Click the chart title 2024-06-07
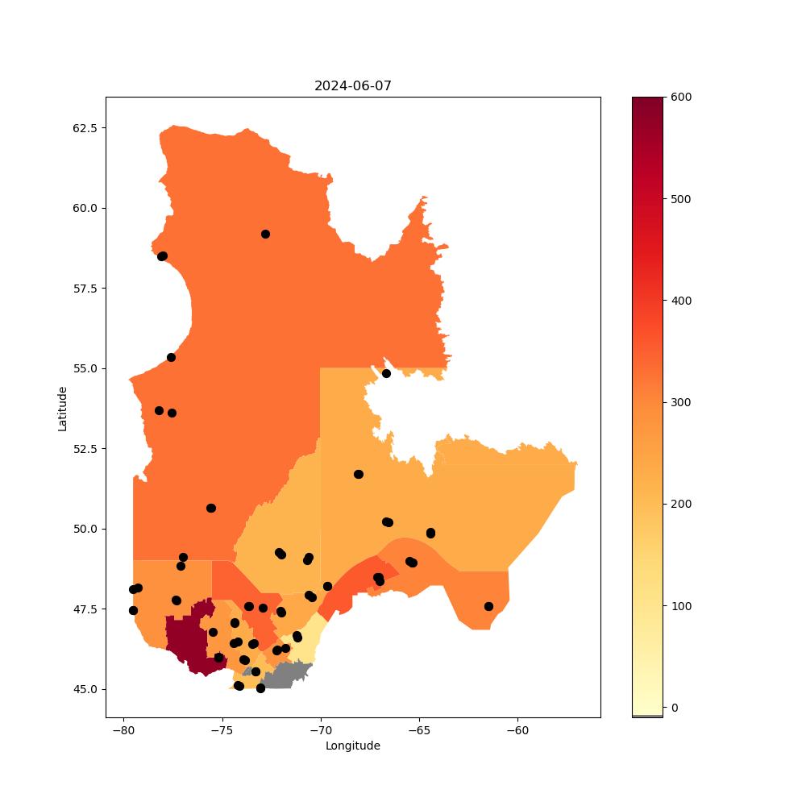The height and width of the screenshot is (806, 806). (x=353, y=86)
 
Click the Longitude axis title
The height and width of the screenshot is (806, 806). (x=353, y=746)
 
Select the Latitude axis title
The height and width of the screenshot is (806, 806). (x=62, y=409)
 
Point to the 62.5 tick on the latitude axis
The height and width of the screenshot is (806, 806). (x=85, y=128)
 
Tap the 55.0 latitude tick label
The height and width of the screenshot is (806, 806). (x=85, y=368)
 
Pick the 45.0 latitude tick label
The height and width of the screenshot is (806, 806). (x=85, y=689)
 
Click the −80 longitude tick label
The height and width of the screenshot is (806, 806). (x=124, y=731)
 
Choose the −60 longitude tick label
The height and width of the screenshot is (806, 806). (x=517, y=731)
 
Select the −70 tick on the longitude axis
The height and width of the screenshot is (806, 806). (x=321, y=731)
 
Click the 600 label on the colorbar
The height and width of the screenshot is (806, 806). (x=681, y=98)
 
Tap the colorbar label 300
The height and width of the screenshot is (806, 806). (x=681, y=402)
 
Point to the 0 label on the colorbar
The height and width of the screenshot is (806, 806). (x=675, y=708)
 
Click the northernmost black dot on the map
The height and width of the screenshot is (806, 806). (x=265, y=235)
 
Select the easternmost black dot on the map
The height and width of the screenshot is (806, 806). (x=489, y=607)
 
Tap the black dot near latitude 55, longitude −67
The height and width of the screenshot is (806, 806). (x=386, y=374)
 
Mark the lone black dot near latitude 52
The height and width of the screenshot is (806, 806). (x=359, y=475)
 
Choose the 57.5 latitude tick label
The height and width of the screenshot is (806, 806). (x=85, y=289)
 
